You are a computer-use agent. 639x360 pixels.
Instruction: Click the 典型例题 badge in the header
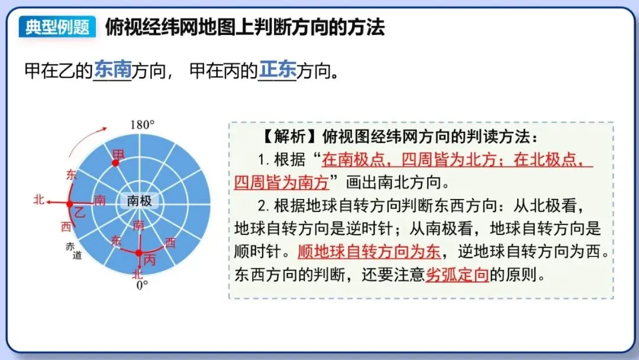tap(57, 27)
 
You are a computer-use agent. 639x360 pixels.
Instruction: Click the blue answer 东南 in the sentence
tap(112, 70)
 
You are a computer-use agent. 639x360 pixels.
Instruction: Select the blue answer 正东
tap(277, 70)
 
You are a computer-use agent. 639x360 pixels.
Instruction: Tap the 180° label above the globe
tap(142, 124)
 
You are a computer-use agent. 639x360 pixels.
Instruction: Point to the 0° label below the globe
tap(141, 285)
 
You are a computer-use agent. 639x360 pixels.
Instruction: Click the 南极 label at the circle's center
tap(140, 201)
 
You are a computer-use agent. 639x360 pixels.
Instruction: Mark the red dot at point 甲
tap(116, 162)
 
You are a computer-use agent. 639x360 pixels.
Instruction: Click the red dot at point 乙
tap(70, 204)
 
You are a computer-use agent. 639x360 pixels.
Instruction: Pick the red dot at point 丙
tap(139, 253)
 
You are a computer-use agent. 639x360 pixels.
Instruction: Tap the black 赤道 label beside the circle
tap(73, 251)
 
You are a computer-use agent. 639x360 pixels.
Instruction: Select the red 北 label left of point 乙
tap(38, 201)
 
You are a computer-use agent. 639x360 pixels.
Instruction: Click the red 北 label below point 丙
tap(138, 274)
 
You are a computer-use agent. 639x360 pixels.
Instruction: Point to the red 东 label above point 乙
tap(72, 175)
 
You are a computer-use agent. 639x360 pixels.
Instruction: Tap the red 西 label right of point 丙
tap(170, 242)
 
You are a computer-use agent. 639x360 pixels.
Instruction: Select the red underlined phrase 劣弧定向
tap(457, 275)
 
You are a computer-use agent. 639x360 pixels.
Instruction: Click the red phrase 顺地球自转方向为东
tap(370, 252)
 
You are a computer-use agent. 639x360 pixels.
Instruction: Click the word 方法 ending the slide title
tap(367, 27)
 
